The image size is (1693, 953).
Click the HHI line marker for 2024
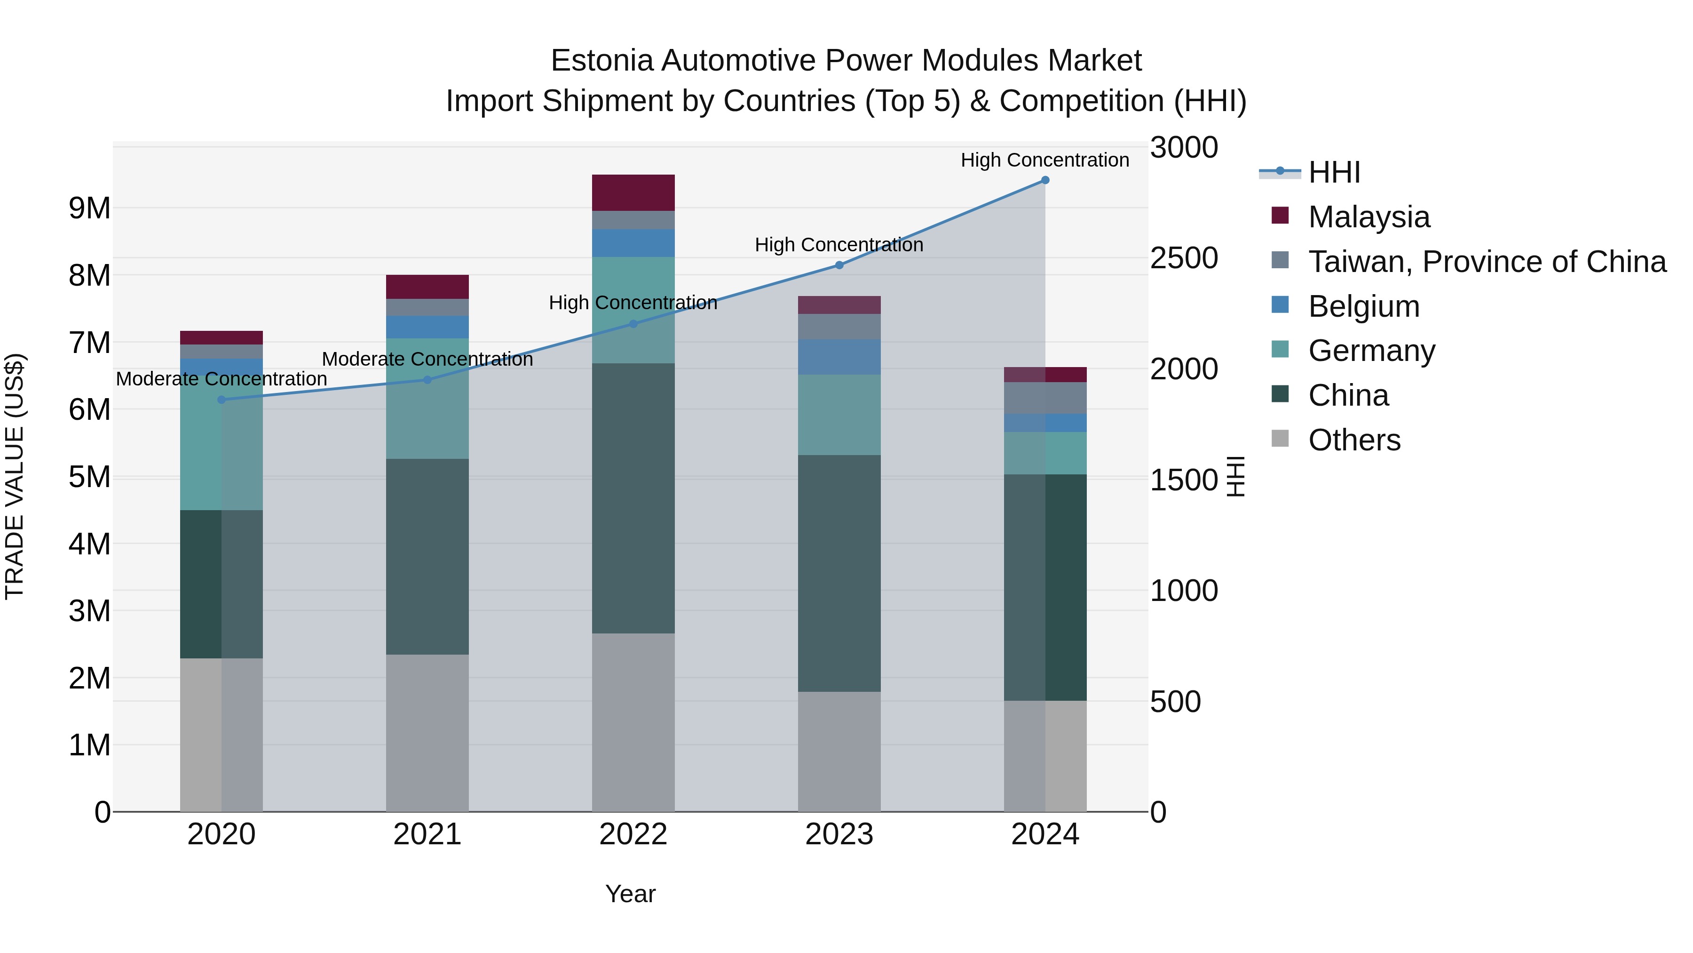coord(1045,180)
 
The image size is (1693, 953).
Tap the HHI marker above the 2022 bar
coord(633,324)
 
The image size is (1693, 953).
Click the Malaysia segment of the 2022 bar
coord(633,192)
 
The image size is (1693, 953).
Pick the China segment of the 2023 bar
coord(839,572)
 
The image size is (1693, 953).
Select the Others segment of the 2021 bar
coord(427,732)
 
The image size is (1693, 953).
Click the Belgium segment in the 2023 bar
coord(839,357)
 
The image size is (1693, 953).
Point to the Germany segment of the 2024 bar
coord(1045,453)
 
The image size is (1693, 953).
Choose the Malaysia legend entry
coord(1369,217)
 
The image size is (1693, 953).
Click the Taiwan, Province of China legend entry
coord(1487,262)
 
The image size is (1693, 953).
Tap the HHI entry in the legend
coord(1334,172)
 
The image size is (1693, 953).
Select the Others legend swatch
coord(1280,439)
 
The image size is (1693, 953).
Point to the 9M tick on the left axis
coord(89,208)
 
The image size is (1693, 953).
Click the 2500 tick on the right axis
coord(1184,258)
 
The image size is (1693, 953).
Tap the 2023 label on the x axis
coord(839,834)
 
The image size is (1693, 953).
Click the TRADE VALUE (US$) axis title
coord(15,476)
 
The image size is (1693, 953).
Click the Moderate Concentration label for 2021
coord(427,359)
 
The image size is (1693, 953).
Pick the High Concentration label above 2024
coord(1045,160)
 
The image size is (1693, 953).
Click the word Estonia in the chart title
coord(601,61)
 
